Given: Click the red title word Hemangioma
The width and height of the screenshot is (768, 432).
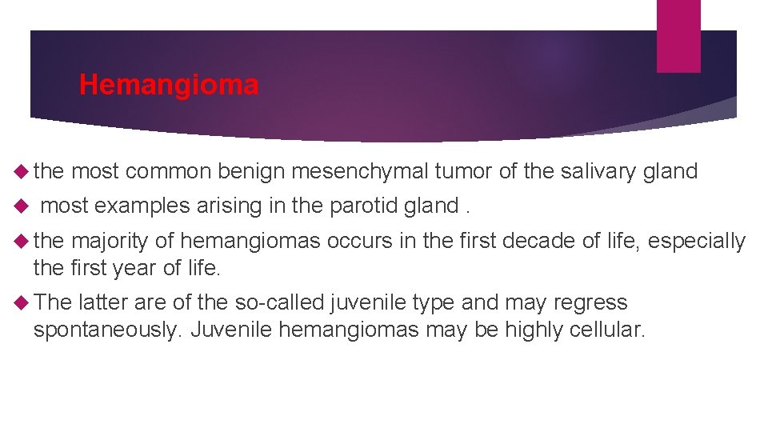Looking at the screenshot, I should [169, 85].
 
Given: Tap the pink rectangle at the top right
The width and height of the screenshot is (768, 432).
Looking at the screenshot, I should [678, 36].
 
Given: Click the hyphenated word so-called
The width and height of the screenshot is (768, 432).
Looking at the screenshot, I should [275, 303].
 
